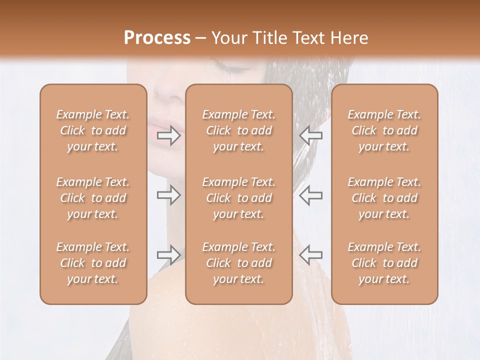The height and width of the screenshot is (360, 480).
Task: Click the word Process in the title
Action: coord(157,38)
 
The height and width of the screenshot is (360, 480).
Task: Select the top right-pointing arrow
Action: coord(169,135)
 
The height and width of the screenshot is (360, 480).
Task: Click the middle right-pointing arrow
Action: coord(169,195)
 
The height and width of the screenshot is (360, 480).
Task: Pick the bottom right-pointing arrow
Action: coord(169,255)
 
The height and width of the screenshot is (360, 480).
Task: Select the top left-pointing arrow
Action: coord(310,135)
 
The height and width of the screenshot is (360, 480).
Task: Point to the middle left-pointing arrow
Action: coord(310,195)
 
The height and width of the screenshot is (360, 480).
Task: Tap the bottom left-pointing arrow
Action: coord(310,255)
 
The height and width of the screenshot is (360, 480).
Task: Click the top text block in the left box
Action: coord(93,130)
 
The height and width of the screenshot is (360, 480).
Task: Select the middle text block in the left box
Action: coord(93,198)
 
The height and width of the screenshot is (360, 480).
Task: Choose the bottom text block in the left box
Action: coord(93,263)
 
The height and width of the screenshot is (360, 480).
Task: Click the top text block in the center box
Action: coord(238,130)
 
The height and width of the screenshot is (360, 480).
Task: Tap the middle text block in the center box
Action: coord(238,198)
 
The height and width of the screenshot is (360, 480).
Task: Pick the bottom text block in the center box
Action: coord(238,263)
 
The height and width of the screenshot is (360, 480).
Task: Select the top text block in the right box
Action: coord(384,130)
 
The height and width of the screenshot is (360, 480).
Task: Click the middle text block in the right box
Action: coord(384,198)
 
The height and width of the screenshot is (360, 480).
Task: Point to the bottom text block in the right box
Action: coord(384,263)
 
